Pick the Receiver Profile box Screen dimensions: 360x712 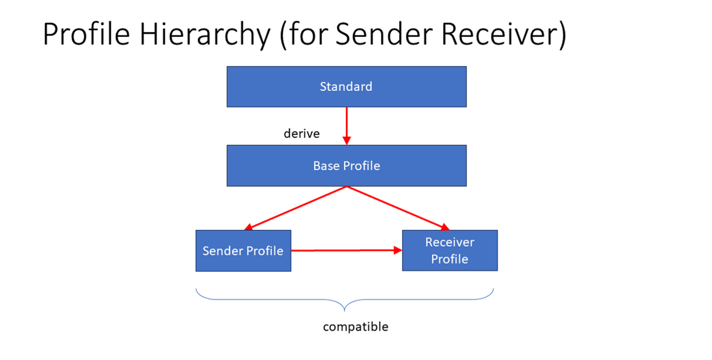pos(450,250)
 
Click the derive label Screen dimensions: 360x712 pos(302,134)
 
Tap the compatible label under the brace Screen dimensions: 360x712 pos(356,327)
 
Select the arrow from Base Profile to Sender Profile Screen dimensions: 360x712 pos(296,207)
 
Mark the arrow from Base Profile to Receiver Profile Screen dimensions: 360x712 pos(398,207)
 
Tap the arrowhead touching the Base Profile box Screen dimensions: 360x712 pos(346,140)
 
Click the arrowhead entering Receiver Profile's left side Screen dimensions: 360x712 pos(397,250)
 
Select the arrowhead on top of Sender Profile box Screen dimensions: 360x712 pos(249,227)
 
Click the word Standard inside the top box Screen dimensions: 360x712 pos(346,87)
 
